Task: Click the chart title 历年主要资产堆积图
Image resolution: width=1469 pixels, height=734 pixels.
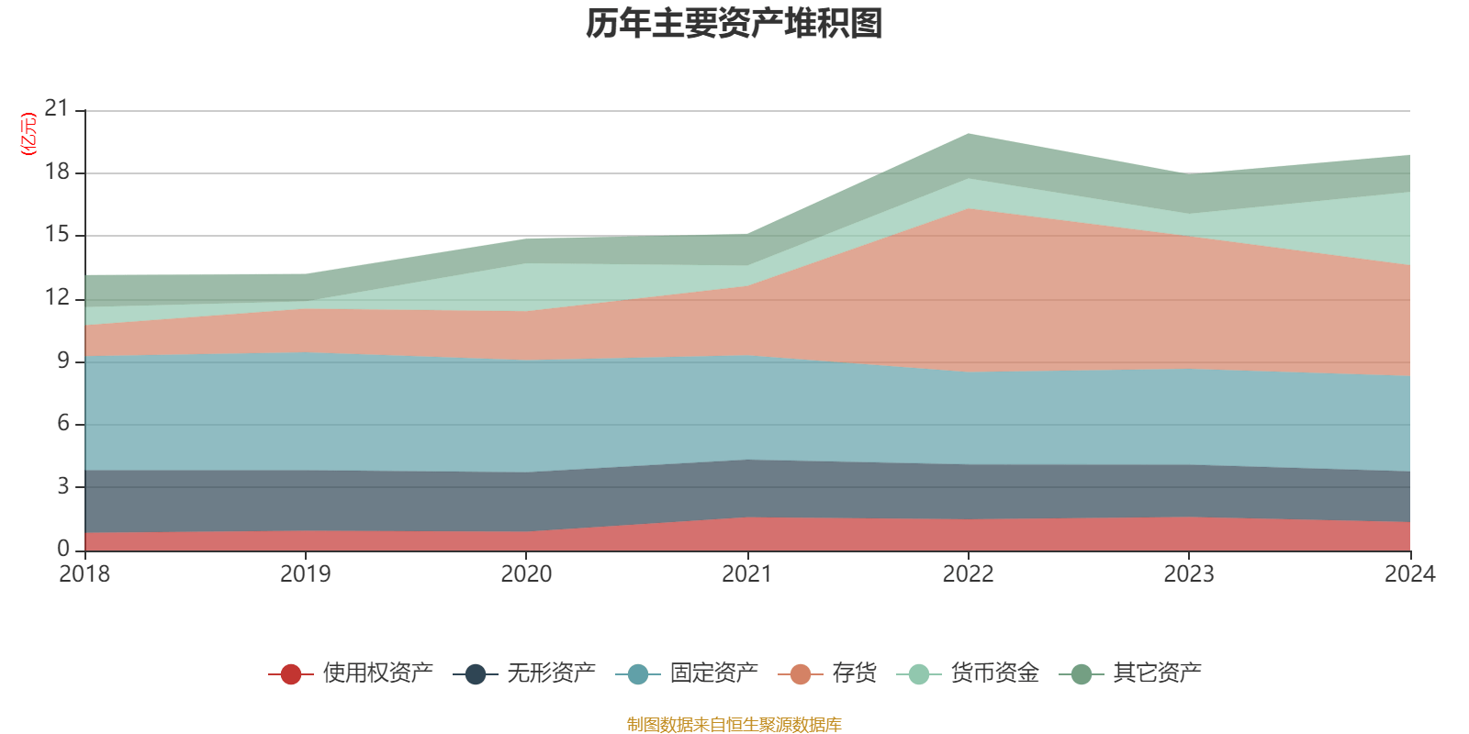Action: click(734, 24)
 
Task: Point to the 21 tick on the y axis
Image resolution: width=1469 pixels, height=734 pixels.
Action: click(57, 109)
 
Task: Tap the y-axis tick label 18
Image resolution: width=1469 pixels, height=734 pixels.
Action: click(57, 172)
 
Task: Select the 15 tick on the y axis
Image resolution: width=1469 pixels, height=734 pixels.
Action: click(57, 235)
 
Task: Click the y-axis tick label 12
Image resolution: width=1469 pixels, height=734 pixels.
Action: click(57, 297)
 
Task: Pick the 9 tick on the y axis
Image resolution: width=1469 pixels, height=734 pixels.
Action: click(63, 361)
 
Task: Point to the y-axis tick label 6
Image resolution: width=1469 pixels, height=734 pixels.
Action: click(63, 423)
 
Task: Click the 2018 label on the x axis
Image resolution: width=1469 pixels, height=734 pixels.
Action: click(84, 574)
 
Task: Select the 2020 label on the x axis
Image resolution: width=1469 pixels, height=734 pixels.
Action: click(526, 574)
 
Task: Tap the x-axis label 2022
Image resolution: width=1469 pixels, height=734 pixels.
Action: click(968, 574)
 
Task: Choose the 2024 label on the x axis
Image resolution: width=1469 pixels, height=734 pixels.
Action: click(1409, 574)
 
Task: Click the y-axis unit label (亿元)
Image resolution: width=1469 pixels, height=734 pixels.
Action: click(28, 134)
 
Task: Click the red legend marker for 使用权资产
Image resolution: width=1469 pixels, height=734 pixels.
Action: click(291, 674)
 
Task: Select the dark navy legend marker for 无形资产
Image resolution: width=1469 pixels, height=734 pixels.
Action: click(475, 674)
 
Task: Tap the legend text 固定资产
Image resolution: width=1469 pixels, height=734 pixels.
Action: click(713, 673)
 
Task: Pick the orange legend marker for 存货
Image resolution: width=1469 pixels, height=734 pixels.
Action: click(800, 674)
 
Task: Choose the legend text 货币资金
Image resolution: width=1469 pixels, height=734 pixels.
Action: click(994, 673)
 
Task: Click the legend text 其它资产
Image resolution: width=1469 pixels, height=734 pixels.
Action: click(1157, 673)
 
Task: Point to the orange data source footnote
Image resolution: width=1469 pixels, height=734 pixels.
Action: click(734, 725)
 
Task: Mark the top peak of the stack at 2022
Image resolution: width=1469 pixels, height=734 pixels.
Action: click(968, 134)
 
